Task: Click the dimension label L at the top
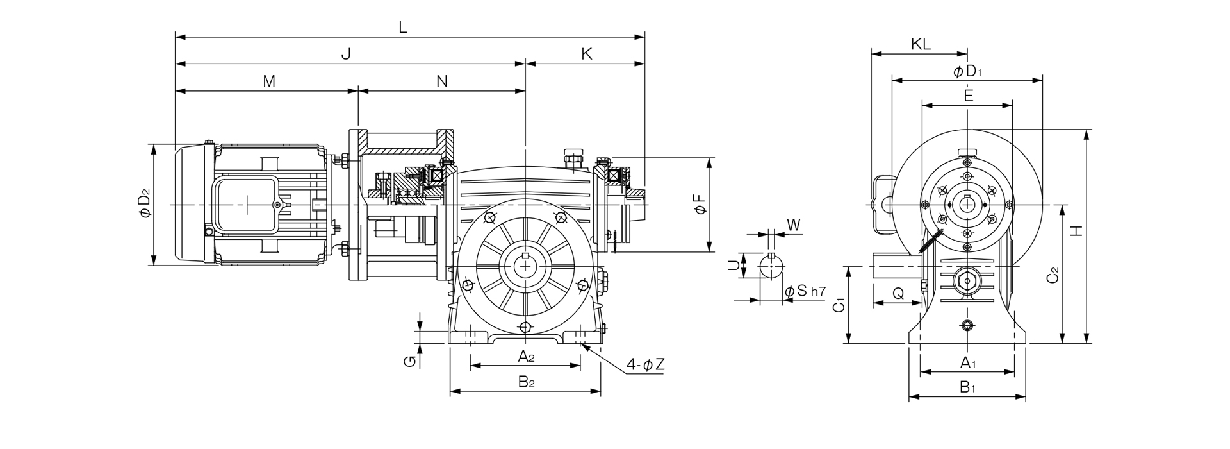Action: point(402,27)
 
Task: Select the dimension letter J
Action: point(346,54)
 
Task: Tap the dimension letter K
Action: point(587,54)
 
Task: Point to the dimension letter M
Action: point(269,81)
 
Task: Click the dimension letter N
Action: point(442,81)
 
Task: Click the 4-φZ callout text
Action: point(646,365)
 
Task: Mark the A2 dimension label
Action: point(525,357)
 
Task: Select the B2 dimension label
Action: point(526,382)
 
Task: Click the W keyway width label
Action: point(793,224)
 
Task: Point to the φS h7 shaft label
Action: point(805,291)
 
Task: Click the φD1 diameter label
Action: point(967,72)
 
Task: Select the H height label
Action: point(1077,230)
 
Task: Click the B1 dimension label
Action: point(967,387)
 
